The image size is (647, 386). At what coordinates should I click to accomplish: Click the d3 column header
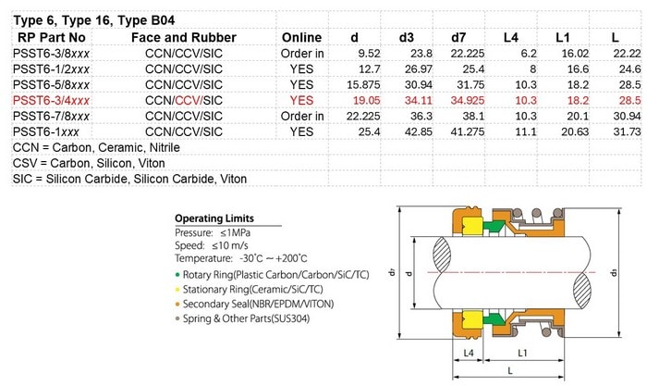click(x=406, y=38)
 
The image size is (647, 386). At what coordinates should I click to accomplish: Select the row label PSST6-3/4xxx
click(x=51, y=100)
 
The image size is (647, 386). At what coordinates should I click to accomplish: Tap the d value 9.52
click(x=370, y=54)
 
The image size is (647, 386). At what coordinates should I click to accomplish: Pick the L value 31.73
click(x=628, y=131)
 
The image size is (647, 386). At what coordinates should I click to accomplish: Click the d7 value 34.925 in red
click(x=468, y=100)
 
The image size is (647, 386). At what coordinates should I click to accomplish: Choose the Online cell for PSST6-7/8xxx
click(x=302, y=116)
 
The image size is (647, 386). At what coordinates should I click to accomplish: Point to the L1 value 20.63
click(x=575, y=131)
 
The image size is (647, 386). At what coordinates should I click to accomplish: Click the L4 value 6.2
click(x=529, y=54)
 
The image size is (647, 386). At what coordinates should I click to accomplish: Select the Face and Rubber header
click(x=184, y=38)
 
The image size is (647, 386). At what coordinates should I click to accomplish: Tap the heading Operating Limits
click(x=214, y=218)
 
